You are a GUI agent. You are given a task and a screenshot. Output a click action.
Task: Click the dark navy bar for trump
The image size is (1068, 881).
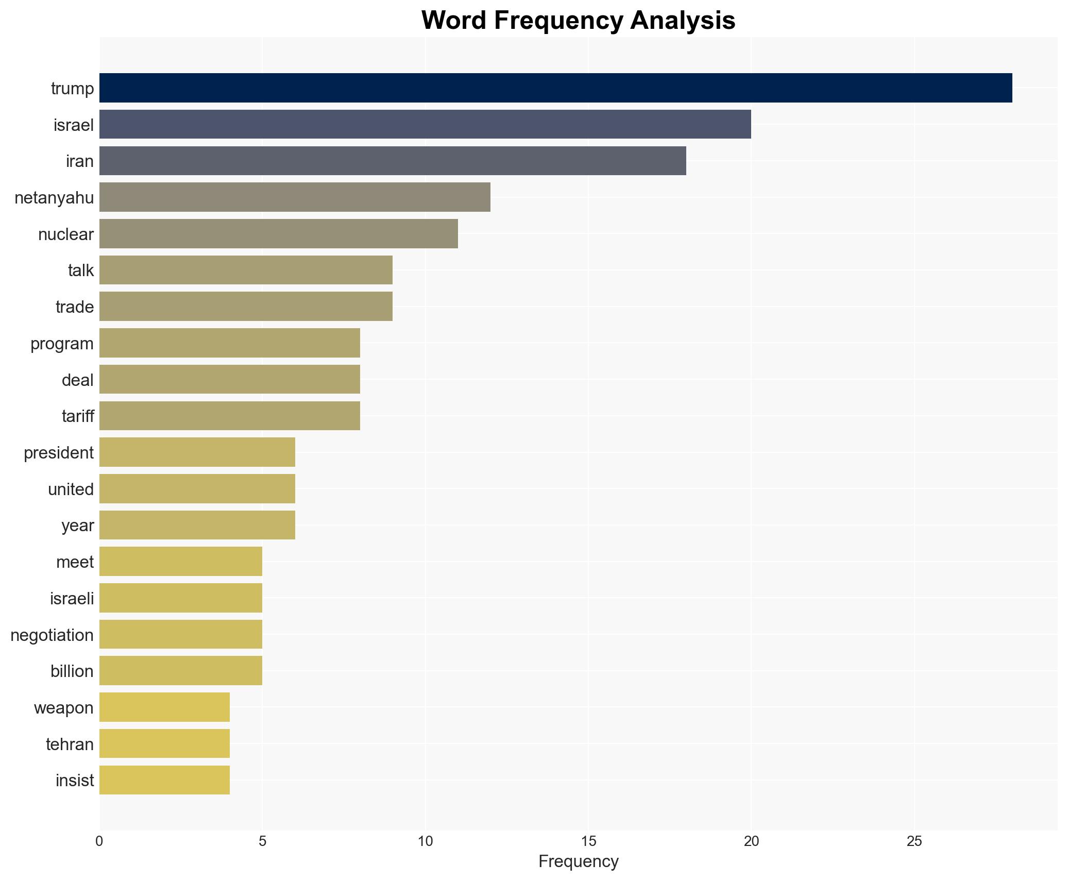coord(555,88)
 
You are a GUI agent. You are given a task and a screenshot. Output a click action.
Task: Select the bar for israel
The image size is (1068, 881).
coord(425,125)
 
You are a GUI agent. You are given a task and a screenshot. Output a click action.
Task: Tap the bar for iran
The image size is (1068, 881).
coord(393,161)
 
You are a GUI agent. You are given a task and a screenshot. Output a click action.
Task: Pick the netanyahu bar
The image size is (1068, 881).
coord(295,197)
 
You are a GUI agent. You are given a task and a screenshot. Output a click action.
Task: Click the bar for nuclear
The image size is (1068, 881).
coord(278,234)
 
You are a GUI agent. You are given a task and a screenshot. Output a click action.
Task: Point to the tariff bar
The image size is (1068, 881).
coord(229,416)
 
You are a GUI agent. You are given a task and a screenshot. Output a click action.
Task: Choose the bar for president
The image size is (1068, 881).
coord(197,452)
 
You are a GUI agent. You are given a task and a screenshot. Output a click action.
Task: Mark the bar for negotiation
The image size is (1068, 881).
coord(180,635)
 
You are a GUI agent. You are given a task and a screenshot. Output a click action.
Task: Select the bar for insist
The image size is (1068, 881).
coord(164,781)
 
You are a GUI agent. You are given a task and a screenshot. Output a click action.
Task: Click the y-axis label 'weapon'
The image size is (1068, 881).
coord(64,708)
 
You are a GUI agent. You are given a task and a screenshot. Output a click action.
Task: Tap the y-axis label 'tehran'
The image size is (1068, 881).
coord(70,744)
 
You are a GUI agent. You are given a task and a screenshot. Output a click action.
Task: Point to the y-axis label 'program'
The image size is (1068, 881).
coord(62,344)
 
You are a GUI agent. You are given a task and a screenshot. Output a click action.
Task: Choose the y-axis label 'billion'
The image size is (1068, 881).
coord(72,671)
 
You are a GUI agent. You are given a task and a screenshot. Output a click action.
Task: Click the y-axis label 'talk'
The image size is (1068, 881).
coord(81,270)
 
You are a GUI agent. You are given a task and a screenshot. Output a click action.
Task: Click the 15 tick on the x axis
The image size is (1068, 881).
coord(588,841)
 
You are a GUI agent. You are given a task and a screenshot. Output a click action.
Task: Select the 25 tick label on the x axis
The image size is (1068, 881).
coord(914,841)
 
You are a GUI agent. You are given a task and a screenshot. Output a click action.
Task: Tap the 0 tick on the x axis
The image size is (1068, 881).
coord(99,841)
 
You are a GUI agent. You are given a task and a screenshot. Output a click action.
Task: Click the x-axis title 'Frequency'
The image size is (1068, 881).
coord(578,861)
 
